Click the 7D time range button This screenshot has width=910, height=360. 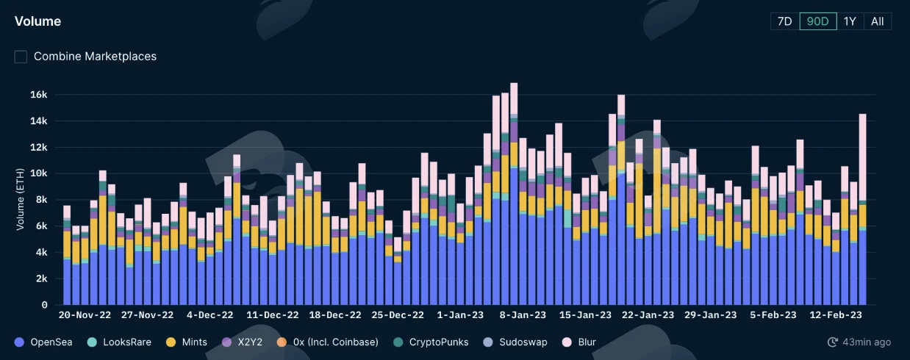click(x=785, y=21)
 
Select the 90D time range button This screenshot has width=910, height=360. click(x=818, y=21)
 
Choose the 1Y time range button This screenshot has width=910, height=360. click(x=850, y=21)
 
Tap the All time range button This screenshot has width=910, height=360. click(x=878, y=21)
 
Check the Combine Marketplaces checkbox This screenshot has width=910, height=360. click(x=21, y=57)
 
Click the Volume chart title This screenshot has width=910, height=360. click(x=37, y=21)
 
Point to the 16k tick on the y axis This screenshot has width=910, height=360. click(x=39, y=95)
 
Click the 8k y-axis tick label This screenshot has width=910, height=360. click(x=41, y=200)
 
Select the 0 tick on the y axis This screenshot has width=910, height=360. click(x=44, y=305)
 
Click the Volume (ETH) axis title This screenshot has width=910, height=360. click(x=20, y=199)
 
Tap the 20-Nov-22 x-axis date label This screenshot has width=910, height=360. click(x=85, y=315)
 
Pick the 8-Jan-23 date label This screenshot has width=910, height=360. click(x=523, y=315)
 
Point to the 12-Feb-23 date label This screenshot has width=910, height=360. click(x=836, y=315)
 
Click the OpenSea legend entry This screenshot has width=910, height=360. click(x=43, y=342)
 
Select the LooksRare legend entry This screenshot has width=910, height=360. click(x=119, y=342)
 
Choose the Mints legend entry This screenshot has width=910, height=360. click(x=187, y=342)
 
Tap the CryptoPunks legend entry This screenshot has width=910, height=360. click(x=431, y=342)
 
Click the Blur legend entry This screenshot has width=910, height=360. click(x=579, y=342)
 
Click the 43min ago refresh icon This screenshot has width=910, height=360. click(x=832, y=342)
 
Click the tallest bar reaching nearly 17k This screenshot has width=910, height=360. click(x=514, y=194)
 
